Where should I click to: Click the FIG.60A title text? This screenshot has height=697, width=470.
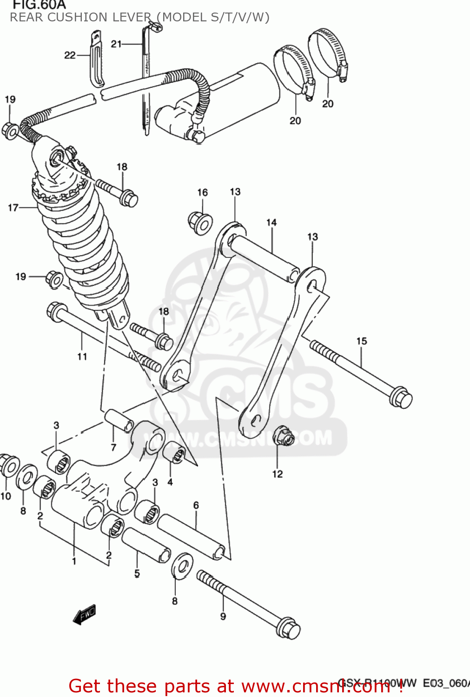click(x=39, y=5)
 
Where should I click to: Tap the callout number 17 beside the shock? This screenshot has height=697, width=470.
click(x=13, y=208)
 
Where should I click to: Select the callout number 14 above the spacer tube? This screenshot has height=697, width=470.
click(x=271, y=223)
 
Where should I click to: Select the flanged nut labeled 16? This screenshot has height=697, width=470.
click(x=200, y=223)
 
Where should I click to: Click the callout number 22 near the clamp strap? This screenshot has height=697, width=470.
click(x=70, y=55)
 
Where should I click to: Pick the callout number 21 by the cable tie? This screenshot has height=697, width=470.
click(x=116, y=44)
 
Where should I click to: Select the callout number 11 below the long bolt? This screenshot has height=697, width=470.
click(x=82, y=356)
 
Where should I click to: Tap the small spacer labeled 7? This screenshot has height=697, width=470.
click(x=119, y=420)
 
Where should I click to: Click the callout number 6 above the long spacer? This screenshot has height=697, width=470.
click(x=196, y=505)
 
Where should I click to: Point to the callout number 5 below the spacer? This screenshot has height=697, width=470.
click(x=137, y=573)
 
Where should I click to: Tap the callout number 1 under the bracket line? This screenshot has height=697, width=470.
click(x=74, y=561)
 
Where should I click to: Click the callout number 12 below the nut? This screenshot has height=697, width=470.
click(x=278, y=474)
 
